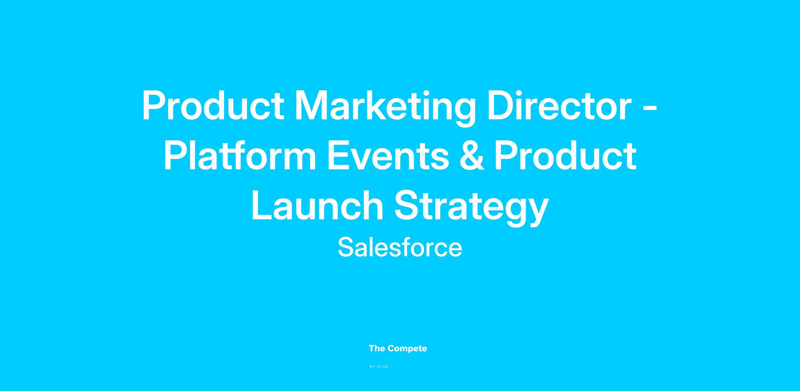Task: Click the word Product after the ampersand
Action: (x=565, y=156)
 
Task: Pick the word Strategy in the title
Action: (x=471, y=208)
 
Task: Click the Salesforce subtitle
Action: (x=400, y=247)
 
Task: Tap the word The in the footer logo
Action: (x=377, y=349)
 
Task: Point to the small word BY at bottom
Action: (x=373, y=367)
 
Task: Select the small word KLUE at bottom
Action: (x=383, y=367)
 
